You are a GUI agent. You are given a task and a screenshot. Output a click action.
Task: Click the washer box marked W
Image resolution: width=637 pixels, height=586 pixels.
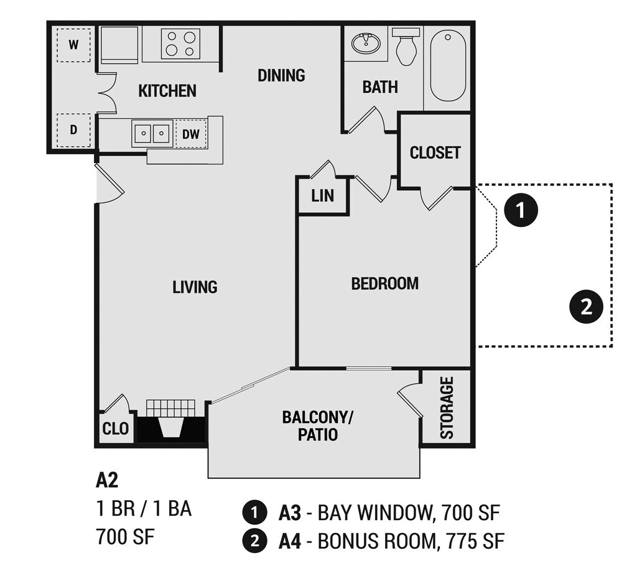(73, 45)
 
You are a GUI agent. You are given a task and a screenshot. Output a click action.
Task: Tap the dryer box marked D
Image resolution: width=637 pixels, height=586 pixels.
(73, 131)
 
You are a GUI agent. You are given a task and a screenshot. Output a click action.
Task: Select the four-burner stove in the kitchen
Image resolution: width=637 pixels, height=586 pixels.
(179, 43)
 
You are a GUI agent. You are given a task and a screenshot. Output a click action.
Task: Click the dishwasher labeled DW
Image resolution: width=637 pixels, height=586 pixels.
(191, 134)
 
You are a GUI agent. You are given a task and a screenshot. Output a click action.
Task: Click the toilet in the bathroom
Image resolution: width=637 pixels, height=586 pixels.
(406, 46)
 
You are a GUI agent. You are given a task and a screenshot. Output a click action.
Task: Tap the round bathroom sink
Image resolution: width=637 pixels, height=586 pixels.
(366, 43)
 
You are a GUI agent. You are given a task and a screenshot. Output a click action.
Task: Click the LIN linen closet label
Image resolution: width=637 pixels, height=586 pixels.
(323, 197)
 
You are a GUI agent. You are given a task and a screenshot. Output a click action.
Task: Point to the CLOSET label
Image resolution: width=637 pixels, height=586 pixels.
(435, 153)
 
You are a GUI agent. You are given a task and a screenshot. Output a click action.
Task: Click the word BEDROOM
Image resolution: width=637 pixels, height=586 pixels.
(384, 284)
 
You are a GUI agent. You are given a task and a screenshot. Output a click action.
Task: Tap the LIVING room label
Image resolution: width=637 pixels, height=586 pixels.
(195, 287)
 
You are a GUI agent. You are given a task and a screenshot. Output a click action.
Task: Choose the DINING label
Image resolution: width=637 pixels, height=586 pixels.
(281, 76)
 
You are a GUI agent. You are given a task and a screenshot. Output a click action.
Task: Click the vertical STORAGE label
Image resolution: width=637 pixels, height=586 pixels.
(447, 407)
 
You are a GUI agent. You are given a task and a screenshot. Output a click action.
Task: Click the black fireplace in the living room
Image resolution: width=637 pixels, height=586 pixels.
(171, 429)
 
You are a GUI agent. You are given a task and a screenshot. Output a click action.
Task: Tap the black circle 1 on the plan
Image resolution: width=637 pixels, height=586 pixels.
(521, 210)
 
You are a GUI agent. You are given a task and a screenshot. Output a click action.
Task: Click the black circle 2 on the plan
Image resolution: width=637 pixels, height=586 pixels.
(586, 307)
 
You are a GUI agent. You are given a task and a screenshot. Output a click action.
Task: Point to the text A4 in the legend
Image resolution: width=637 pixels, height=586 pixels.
(290, 541)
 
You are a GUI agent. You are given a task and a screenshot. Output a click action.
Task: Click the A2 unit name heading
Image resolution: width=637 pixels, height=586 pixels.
(107, 480)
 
